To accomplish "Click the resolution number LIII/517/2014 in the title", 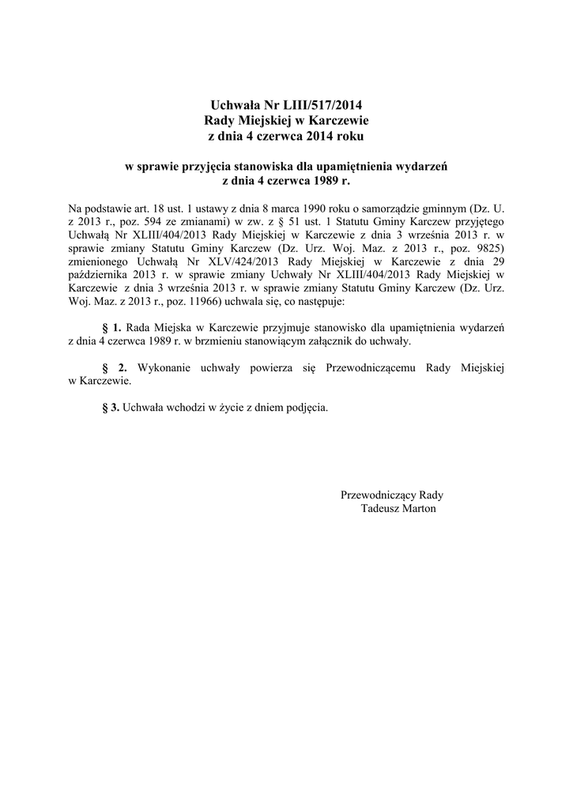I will (318, 104).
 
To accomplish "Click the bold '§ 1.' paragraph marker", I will (112, 326).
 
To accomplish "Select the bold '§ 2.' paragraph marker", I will (115, 367).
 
